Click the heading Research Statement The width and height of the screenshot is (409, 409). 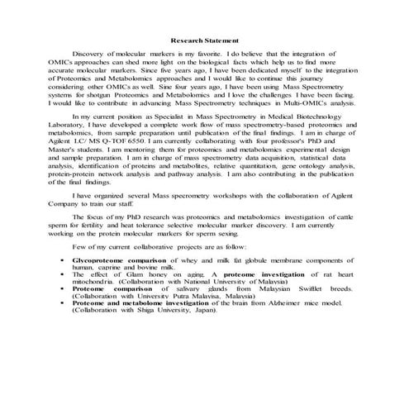(204, 40)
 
